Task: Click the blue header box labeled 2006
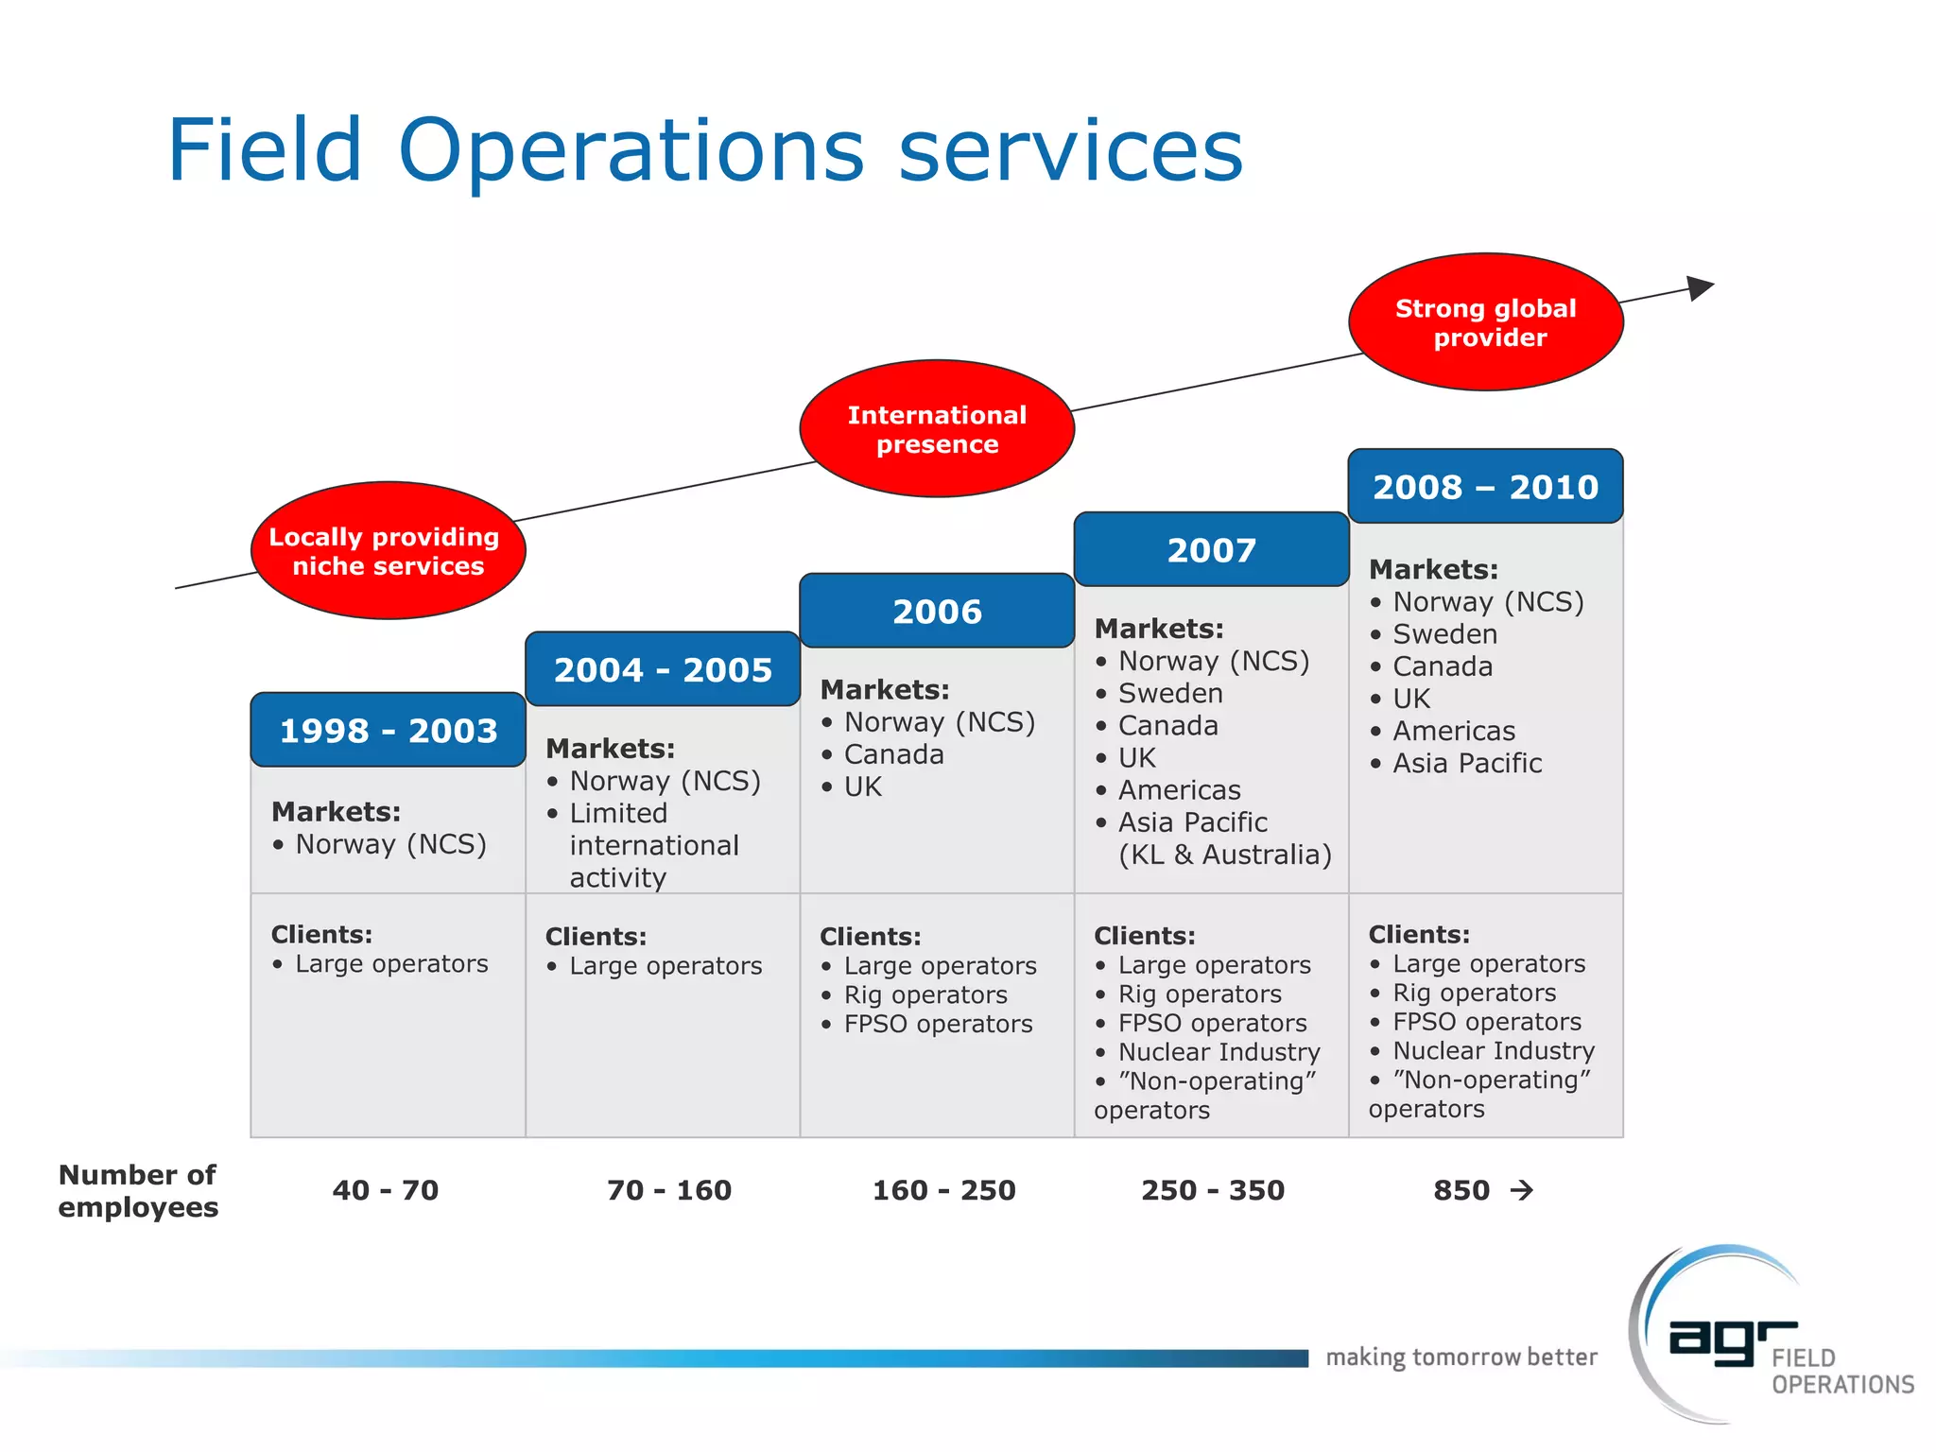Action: pyautogui.click(x=937, y=612)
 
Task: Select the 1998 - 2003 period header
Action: pyautogui.click(x=388, y=731)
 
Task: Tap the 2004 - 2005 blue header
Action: pyautogui.click(x=663, y=670)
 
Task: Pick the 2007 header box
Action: pyautogui.click(x=1211, y=550)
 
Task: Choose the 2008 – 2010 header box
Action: pyautogui.click(x=1485, y=487)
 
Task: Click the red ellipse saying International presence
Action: pyautogui.click(x=937, y=429)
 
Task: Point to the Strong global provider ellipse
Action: pyautogui.click(x=1485, y=322)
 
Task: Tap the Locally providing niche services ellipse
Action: pyautogui.click(x=388, y=551)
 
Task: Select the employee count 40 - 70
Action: pyautogui.click(x=386, y=1190)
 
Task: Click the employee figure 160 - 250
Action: pyautogui.click(x=943, y=1190)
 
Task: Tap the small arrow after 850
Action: pyautogui.click(x=1521, y=1190)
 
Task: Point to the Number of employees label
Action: pyautogui.click(x=138, y=1191)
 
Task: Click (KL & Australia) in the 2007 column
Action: pyautogui.click(x=1224, y=855)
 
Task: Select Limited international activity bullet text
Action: pyautogui.click(x=654, y=845)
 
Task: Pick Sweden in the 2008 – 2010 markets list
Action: pyautogui.click(x=1444, y=634)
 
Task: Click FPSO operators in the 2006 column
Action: pyautogui.click(x=938, y=1024)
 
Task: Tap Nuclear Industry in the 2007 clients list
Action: pyautogui.click(x=1219, y=1052)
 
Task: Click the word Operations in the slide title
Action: pyautogui.click(x=631, y=150)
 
